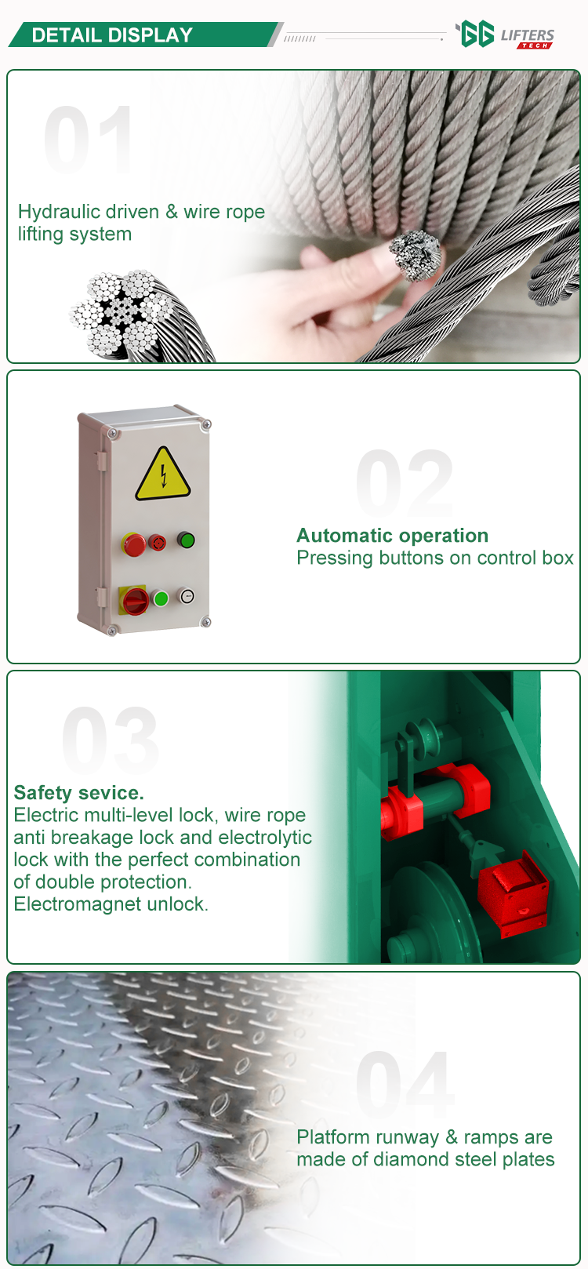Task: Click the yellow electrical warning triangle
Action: tap(162, 475)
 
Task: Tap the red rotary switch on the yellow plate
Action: tap(136, 601)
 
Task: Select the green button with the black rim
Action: tap(186, 540)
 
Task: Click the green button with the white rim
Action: tap(161, 598)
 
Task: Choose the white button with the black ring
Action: tap(187, 596)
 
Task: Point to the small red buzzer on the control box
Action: tap(157, 543)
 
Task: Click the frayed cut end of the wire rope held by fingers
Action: tap(416, 255)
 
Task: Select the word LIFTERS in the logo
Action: tap(528, 36)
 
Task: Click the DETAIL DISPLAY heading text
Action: tap(112, 35)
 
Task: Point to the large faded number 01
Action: tap(88, 140)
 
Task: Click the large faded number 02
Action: tap(405, 482)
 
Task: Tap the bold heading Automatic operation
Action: tap(393, 536)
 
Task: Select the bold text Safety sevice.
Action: tap(78, 793)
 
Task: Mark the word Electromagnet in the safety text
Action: tap(78, 904)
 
